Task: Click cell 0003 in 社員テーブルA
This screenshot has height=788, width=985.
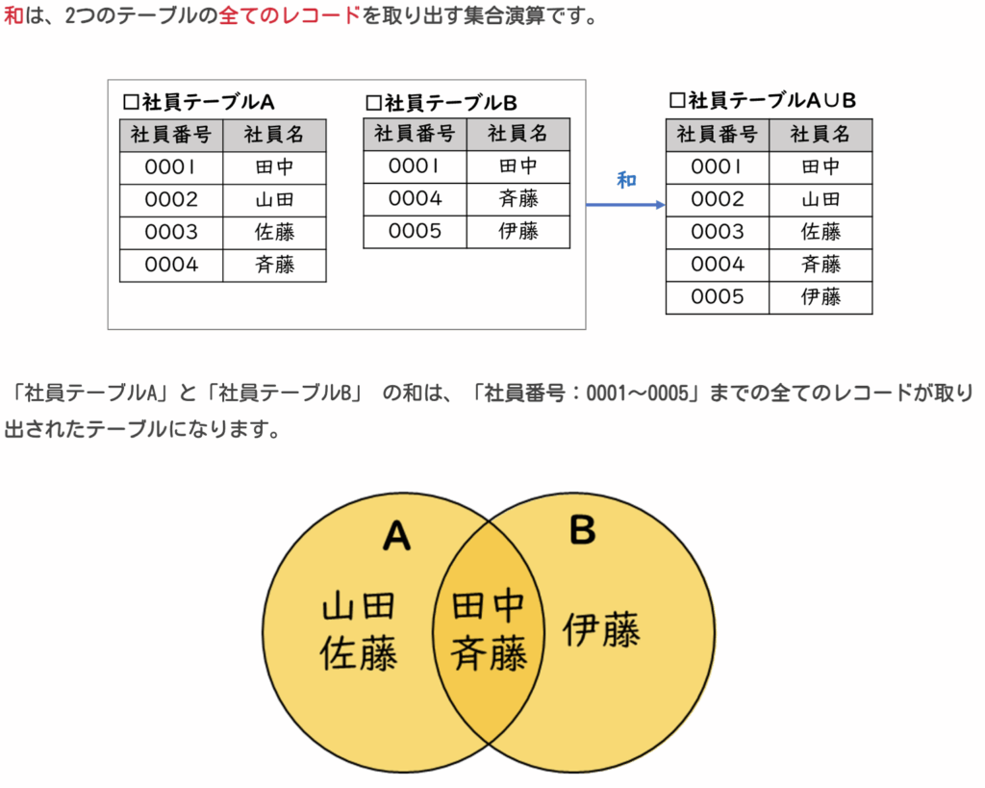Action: pos(171,233)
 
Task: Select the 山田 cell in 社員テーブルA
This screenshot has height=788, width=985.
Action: pos(274,200)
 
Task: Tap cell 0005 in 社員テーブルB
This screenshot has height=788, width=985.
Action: pos(415,232)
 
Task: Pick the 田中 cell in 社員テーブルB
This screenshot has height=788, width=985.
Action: pos(518,166)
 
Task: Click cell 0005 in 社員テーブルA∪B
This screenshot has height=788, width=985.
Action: pos(718,297)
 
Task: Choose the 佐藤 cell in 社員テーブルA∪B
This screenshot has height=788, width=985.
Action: pos(821,233)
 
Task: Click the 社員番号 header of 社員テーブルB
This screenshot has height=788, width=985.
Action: pos(415,134)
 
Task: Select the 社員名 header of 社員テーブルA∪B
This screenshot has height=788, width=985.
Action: pos(821,135)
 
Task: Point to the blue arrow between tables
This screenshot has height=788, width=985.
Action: pos(625,205)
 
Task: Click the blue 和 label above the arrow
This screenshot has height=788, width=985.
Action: pos(626,180)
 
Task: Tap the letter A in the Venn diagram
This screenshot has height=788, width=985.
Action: pos(397,536)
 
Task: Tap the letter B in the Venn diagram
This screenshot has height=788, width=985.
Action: pos(582,529)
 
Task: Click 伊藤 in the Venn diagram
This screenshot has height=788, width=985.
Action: pos(601,629)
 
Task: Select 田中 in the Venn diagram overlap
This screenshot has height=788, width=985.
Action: pos(488,606)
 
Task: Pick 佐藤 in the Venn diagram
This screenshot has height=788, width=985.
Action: pos(359,653)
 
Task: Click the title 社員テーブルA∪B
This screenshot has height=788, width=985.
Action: pos(763,100)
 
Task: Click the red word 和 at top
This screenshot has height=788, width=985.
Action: pos(13,15)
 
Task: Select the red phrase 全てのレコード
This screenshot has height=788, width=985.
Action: pos(290,15)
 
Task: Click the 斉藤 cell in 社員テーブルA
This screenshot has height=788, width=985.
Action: pos(274,266)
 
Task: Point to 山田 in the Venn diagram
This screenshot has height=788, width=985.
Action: pos(359,606)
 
